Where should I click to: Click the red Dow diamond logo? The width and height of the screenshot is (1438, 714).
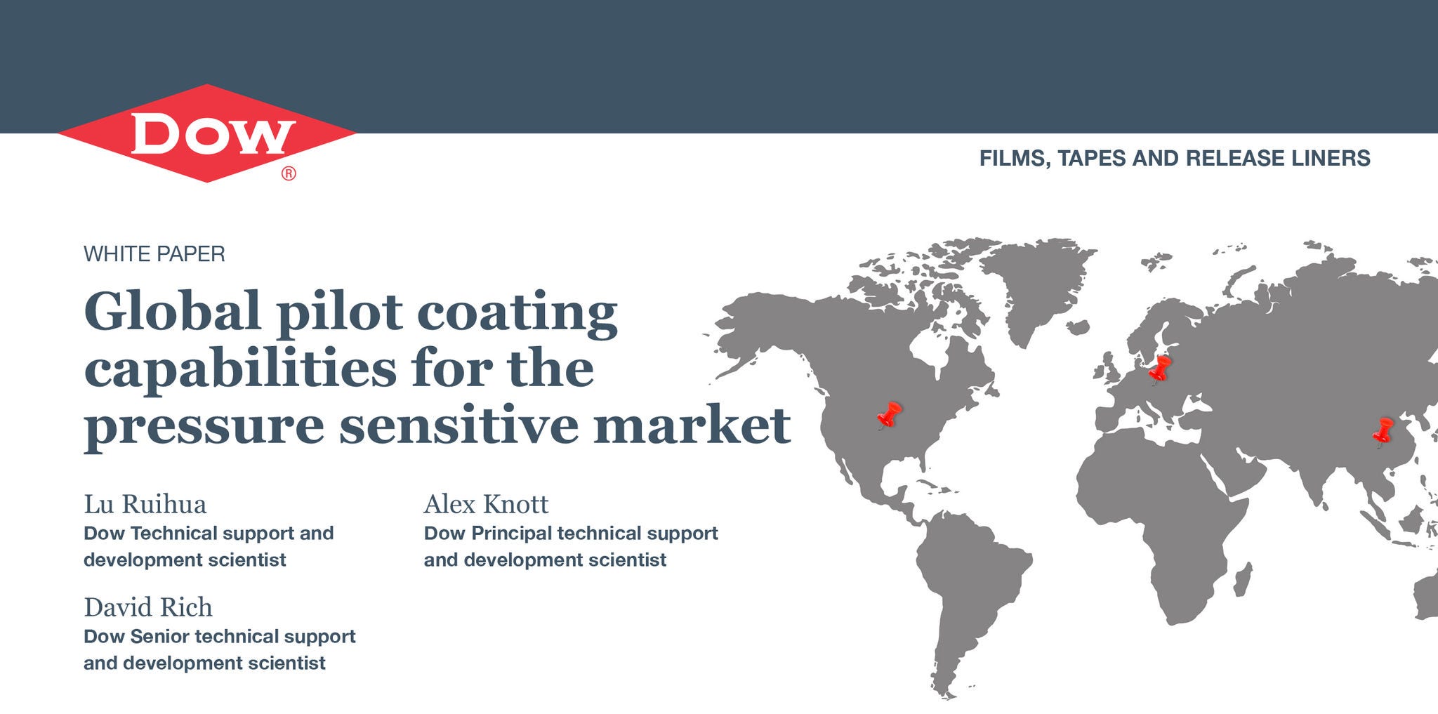tap(207, 133)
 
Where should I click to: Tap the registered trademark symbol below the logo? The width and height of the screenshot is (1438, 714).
tap(289, 173)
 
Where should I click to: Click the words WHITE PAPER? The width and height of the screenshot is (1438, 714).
tap(154, 254)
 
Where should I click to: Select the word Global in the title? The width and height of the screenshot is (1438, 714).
tap(173, 311)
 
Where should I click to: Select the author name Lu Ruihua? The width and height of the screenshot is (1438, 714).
tap(145, 504)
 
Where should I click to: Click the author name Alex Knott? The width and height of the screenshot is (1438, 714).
tap(486, 504)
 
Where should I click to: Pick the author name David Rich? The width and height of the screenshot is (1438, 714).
tap(148, 607)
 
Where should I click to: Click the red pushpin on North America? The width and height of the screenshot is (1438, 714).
tap(889, 415)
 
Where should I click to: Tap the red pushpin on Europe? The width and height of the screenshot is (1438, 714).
tap(1160, 369)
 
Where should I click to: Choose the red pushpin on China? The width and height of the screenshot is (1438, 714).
tap(1383, 432)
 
